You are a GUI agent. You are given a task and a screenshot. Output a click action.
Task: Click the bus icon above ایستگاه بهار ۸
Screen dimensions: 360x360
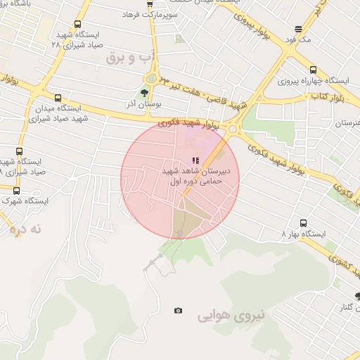point(303,223)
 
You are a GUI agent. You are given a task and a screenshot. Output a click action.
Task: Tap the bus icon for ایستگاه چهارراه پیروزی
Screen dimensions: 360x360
point(313,70)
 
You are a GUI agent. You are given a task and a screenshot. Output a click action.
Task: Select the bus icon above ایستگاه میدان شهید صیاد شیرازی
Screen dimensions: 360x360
point(57,98)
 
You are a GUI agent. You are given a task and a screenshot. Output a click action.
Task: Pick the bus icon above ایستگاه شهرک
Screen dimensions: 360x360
point(16,191)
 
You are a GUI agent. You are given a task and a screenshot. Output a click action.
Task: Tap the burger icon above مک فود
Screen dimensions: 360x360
point(299,30)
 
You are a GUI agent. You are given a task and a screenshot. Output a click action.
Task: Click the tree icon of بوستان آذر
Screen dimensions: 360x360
point(144,94)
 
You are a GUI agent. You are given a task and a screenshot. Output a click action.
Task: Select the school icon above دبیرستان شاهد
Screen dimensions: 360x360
point(195,161)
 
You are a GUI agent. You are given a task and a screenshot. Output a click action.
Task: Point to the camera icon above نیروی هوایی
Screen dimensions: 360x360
point(178,310)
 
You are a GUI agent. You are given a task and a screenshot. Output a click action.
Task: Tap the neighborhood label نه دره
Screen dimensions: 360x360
point(27,229)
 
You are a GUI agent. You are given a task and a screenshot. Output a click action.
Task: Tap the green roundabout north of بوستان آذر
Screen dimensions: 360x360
point(151,79)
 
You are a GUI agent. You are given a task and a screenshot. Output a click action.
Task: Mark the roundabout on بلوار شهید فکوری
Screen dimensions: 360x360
point(233,129)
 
